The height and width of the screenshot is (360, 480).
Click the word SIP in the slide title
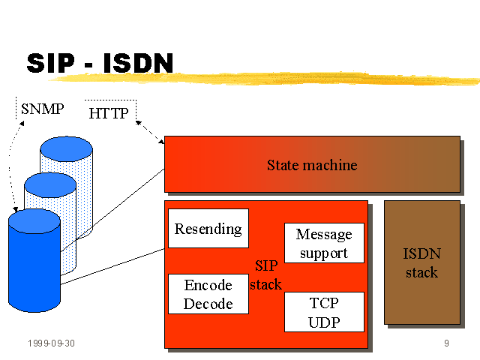pyautogui.click(x=51, y=63)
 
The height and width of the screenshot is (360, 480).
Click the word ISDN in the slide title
pyautogui.click(x=138, y=63)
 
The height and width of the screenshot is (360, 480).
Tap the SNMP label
pyautogui.click(x=43, y=109)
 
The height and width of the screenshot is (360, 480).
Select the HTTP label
pyautogui.click(x=109, y=113)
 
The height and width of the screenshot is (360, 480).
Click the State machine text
pyautogui.click(x=312, y=165)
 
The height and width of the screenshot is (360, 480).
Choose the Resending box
pyautogui.click(x=208, y=228)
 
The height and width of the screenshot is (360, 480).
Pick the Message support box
pyautogui.click(x=324, y=243)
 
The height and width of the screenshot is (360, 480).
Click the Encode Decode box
pyautogui.click(x=208, y=294)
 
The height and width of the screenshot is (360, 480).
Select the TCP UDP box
pyautogui.click(x=324, y=312)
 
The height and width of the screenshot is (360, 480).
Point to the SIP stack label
pyautogui.click(x=265, y=275)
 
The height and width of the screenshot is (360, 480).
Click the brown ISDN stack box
pyautogui.click(x=422, y=262)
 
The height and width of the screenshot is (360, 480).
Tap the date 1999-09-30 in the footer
pyautogui.click(x=52, y=343)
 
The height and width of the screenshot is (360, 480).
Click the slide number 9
pyautogui.click(x=447, y=343)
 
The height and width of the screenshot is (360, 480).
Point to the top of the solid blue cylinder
pyautogui.click(x=34, y=221)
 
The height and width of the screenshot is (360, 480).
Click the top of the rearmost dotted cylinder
pyautogui.click(x=67, y=149)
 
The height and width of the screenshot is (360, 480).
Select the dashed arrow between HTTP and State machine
pyautogui.click(x=150, y=132)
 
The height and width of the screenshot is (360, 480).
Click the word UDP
pyautogui.click(x=324, y=322)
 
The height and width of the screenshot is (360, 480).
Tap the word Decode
pyautogui.click(x=208, y=304)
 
